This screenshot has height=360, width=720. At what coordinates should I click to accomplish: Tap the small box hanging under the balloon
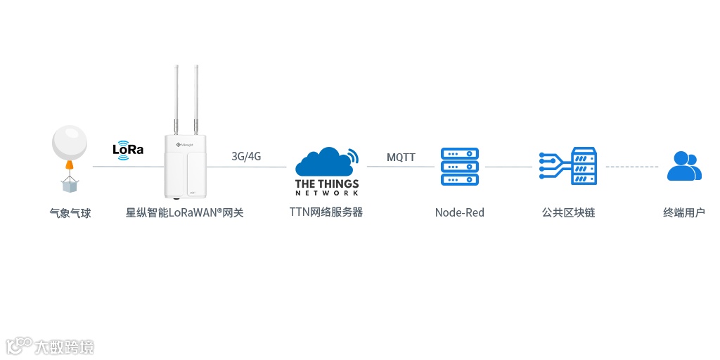tap(70, 185)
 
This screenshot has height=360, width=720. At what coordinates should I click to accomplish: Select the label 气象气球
tap(70, 212)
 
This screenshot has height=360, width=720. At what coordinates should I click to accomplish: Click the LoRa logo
tap(127, 150)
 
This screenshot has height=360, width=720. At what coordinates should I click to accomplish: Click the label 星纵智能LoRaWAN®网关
tap(185, 212)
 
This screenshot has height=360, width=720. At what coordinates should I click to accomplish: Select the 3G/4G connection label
tap(246, 156)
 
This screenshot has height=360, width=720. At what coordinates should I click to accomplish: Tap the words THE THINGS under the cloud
tap(327, 184)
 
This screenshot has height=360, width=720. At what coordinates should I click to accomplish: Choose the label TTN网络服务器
tap(326, 212)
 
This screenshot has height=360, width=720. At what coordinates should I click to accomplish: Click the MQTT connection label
tap(401, 157)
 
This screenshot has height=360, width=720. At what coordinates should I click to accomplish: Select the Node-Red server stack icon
tap(459, 167)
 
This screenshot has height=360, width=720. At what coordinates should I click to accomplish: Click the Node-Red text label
tap(459, 212)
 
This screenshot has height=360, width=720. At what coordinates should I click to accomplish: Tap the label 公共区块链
tap(568, 212)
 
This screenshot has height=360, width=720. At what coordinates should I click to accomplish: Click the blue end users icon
tap(683, 167)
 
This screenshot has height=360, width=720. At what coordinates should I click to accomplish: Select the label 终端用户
tap(683, 212)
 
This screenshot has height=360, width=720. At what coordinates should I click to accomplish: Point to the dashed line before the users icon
tap(632, 167)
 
